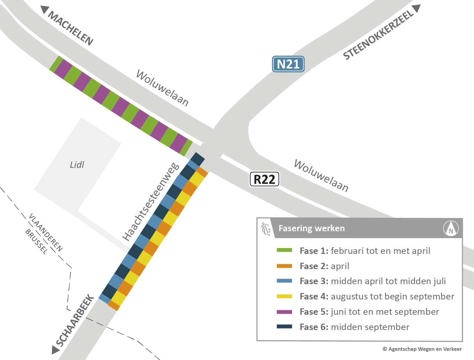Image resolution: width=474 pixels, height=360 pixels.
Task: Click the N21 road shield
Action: tap(288, 64)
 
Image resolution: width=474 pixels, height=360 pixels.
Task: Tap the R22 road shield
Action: tap(265, 179)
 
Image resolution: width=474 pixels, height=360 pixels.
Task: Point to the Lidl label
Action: tap(77, 165)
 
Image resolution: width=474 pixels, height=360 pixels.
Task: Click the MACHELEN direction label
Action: tap(70, 28)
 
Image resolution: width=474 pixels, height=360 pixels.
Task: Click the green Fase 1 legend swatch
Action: tap(284, 251)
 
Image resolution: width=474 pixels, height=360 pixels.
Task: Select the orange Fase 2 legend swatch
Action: tap(284, 266)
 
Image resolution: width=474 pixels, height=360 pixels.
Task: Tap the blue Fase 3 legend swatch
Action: tap(284, 281)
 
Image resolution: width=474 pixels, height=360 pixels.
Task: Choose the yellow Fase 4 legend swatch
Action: tap(284, 296)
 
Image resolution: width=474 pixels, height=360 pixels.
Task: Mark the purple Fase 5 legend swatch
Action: tap(284, 312)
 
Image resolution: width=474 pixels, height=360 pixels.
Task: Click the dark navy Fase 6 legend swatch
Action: tap(284, 327)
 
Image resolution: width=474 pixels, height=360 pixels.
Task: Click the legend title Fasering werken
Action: tap(312, 228)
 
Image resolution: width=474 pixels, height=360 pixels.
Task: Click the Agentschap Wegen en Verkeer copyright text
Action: tap(422, 349)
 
